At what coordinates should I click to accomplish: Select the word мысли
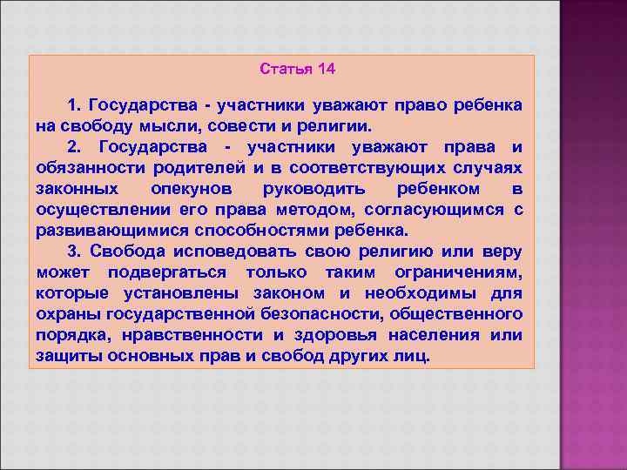[x=172, y=125]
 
